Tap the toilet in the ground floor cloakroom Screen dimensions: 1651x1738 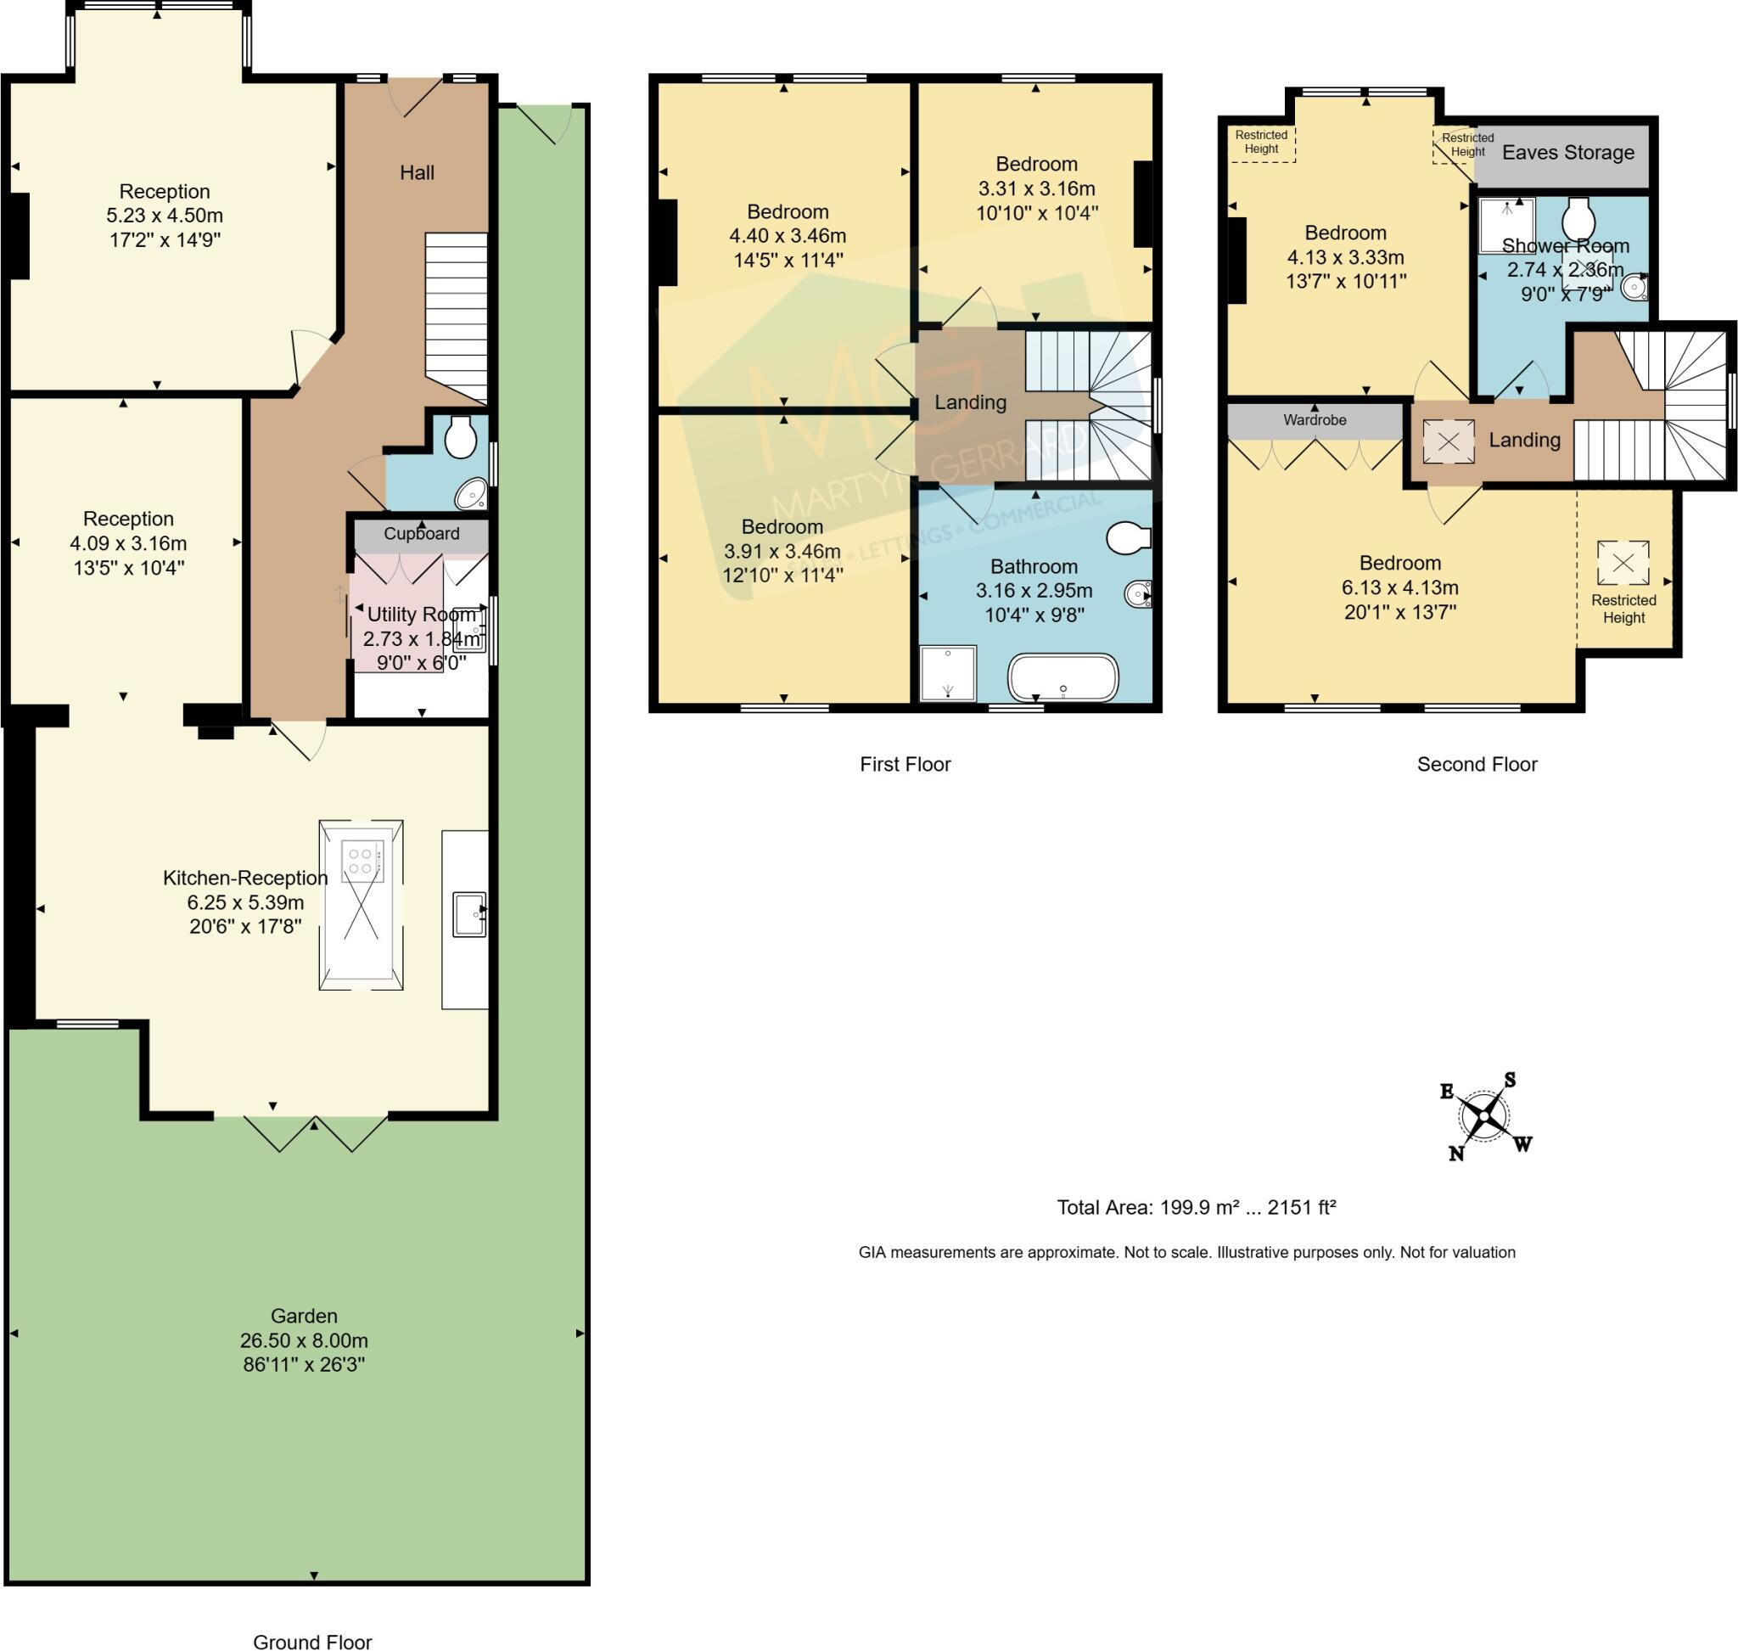click(x=460, y=436)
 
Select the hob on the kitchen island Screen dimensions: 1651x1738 click(x=362, y=861)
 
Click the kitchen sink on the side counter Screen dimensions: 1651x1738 click(x=468, y=914)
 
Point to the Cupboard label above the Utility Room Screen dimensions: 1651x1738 click(x=421, y=533)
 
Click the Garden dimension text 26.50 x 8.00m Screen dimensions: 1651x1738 click(x=304, y=1340)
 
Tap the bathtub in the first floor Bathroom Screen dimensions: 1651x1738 click(x=1062, y=677)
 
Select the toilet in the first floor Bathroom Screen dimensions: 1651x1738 click(x=1128, y=537)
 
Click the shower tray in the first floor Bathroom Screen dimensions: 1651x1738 click(x=947, y=673)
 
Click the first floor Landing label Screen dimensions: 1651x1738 click(x=970, y=402)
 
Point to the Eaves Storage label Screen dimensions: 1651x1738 click(x=1567, y=152)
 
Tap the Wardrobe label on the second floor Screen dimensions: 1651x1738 click(x=1314, y=420)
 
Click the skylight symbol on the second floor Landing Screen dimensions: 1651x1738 click(x=1448, y=441)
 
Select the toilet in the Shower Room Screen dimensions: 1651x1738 click(x=1578, y=216)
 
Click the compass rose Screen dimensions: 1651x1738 click(x=1483, y=1116)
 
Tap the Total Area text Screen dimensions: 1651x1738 click(x=1196, y=1206)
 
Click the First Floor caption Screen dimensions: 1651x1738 click(x=905, y=764)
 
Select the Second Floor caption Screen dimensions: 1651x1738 click(x=1476, y=764)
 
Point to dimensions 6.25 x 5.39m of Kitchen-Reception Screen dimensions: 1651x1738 click(x=244, y=902)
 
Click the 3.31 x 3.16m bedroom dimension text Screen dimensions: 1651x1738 click(x=1036, y=188)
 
